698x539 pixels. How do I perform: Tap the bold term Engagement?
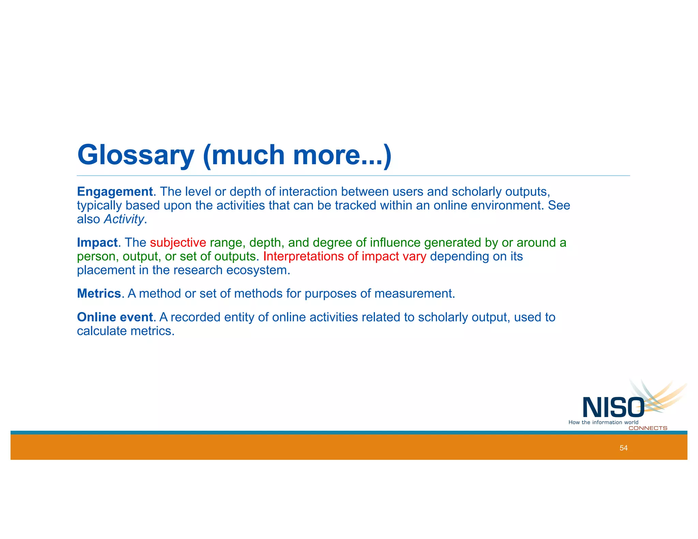pyautogui.click(x=115, y=192)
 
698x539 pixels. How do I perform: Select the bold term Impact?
pyautogui.click(x=97, y=243)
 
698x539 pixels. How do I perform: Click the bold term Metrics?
pyautogui.click(x=99, y=294)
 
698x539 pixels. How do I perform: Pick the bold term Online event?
pyautogui.click(x=115, y=317)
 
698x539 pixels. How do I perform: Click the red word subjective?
pyautogui.click(x=178, y=243)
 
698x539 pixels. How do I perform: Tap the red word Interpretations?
pyautogui.click(x=303, y=256)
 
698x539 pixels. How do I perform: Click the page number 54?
pyautogui.click(x=623, y=448)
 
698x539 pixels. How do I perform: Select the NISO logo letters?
pyautogui.click(x=613, y=407)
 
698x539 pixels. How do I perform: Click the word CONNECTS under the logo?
pyautogui.click(x=648, y=428)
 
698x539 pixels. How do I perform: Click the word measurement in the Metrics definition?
pyautogui.click(x=414, y=294)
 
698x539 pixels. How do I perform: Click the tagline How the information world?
pyautogui.click(x=603, y=422)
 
